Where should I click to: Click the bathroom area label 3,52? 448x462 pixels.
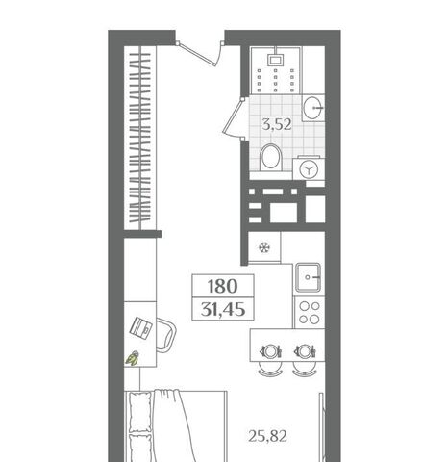point(277,124)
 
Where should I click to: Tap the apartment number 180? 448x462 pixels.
point(223,286)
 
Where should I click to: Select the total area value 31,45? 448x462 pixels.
point(223,310)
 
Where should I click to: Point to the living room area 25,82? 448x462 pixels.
point(267,436)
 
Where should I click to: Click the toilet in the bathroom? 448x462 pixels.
point(271,157)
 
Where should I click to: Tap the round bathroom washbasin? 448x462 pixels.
point(312,108)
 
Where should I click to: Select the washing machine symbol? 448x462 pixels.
point(309,168)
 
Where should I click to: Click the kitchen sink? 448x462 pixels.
point(308,277)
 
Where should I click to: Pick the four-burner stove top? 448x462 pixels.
point(310,312)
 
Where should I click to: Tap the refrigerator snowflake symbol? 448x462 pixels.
point(264,247)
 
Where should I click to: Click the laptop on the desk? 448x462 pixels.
point(141,327)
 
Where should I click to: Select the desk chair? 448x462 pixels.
point(166,335)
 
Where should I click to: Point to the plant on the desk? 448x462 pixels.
point(133,358)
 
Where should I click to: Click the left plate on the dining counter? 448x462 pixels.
point(271,351)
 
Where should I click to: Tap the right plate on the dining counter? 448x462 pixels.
point(305,351)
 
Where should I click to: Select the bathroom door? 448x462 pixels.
point(234,117)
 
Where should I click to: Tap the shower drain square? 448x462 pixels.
point(276,60)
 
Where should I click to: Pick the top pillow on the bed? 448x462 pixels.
point(140,412)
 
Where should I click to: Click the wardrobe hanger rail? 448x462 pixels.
point(140,138)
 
